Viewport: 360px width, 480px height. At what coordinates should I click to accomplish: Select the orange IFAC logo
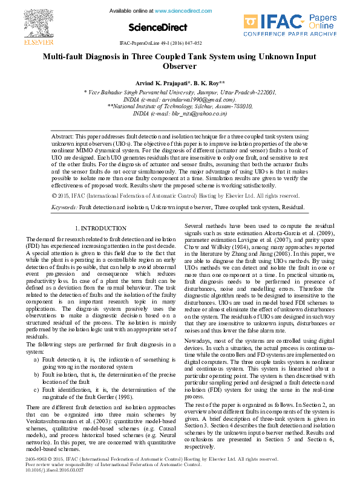pos(267,23)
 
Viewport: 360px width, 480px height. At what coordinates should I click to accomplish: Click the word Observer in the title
pos(180,66)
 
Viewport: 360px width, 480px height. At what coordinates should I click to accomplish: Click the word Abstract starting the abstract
pos(62,138)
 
